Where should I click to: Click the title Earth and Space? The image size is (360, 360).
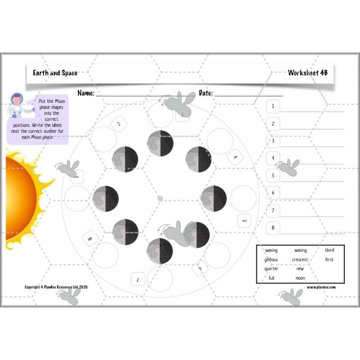(55, 72)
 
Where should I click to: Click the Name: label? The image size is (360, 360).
(85, 93)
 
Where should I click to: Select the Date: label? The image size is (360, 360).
(205, 93)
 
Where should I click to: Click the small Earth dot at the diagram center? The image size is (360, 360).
(160, 198)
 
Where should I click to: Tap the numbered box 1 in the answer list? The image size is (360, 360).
(273, 106)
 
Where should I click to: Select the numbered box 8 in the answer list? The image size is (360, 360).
(273, 228)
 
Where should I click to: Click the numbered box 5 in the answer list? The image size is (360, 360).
(273, 175)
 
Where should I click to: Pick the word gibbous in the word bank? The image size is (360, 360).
(271, 260)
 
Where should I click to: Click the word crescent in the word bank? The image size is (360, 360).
(300, 260)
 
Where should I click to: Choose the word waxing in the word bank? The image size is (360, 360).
(271, 250)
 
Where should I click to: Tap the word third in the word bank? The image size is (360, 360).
(329, 250)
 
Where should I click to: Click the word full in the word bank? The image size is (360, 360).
(271, 278)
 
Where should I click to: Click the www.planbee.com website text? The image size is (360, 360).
(321, 287)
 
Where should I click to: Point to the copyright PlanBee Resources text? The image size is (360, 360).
(56, 287)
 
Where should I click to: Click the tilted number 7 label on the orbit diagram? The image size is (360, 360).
(138, 279)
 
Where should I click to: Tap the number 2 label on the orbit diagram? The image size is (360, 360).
(119, 124)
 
